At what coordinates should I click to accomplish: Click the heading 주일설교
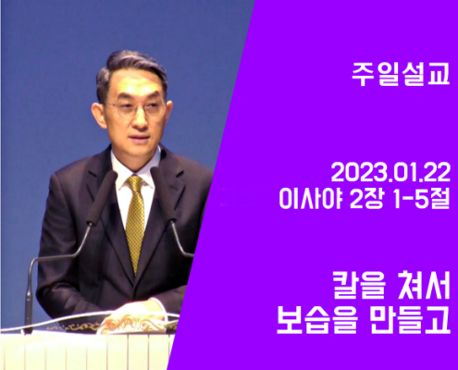tap(401, 75)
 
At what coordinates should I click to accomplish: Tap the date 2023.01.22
tap(390, 173)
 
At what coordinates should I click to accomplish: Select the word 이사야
tap(311, 198)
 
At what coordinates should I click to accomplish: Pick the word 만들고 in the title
tap(410, 321)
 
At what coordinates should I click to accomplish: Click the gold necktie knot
tap(135, 183)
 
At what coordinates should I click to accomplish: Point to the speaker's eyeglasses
tap(136, 108)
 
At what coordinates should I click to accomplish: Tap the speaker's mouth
tap(141, 137)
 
